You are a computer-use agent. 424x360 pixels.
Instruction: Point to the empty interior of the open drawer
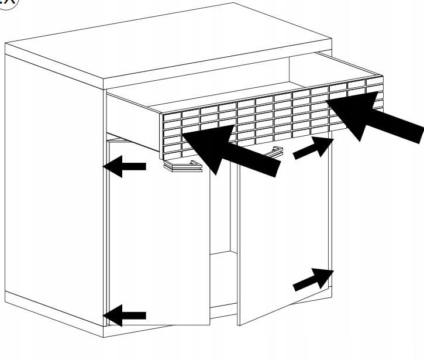click(234, 91)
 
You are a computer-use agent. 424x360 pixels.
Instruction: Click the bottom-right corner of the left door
click(210, 325)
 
